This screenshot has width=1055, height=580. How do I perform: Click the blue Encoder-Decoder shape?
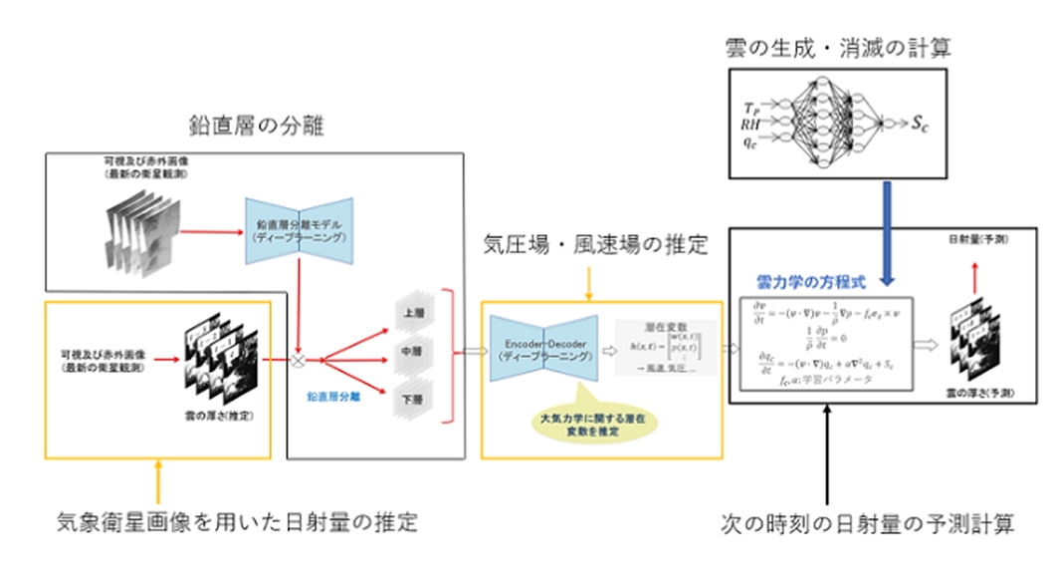point(544,349)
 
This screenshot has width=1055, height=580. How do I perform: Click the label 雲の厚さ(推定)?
point(213,414)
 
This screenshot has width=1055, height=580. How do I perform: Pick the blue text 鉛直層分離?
point(332,395)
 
